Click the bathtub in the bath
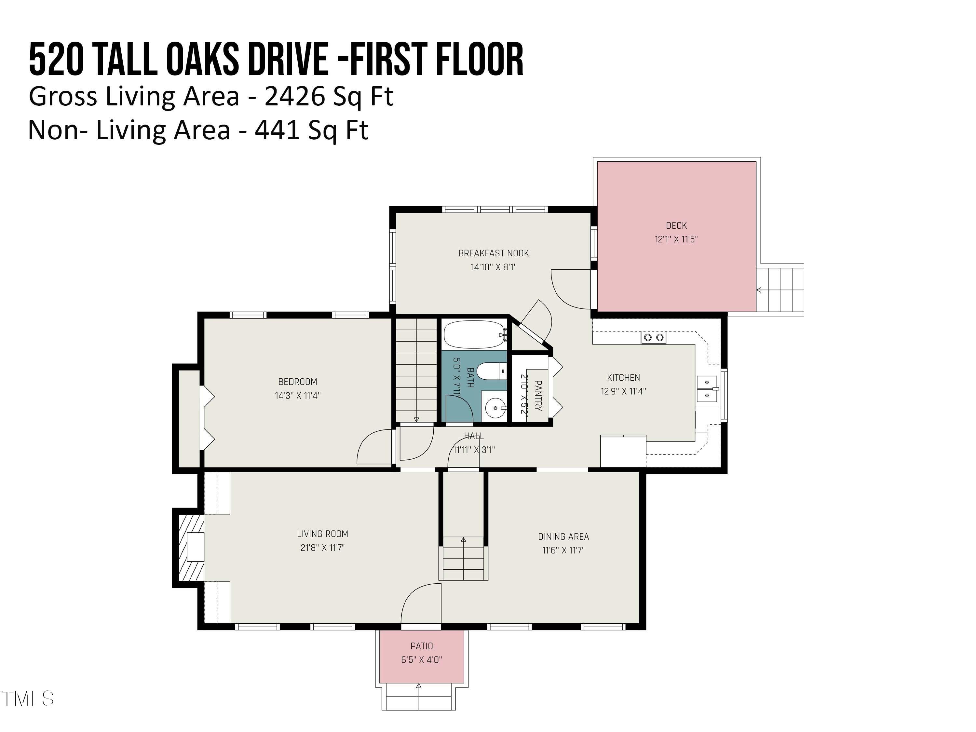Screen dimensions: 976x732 [475, 334]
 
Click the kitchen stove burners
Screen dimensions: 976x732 [654, 338]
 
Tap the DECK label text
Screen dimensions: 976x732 [676, 225]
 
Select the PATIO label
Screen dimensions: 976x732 [421, 646]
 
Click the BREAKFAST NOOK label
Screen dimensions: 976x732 [493, 253]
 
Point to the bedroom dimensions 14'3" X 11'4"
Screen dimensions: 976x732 [297, 395]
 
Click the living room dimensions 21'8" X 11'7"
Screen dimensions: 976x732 [322, 548]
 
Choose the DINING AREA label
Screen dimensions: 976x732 [563, 536]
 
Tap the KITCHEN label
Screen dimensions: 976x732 [623, 378]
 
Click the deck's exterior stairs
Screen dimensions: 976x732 [780, 289]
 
